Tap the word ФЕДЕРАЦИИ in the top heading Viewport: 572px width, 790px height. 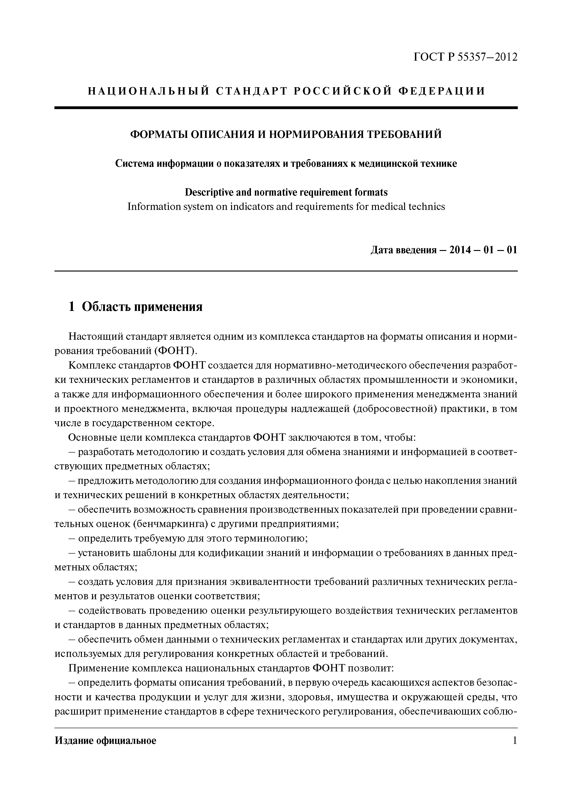441,91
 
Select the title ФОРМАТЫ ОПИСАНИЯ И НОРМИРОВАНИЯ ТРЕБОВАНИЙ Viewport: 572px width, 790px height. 286,134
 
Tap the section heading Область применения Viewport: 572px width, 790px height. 142,307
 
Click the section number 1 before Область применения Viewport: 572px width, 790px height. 71,307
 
